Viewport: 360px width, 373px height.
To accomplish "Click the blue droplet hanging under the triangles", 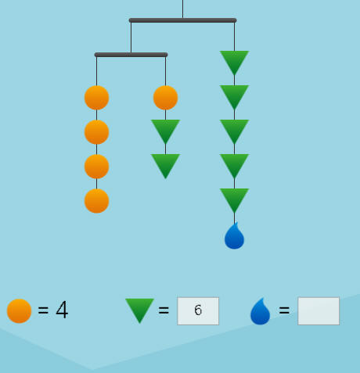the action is [234, 236].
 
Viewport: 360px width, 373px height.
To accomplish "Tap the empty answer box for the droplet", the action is [319, 311].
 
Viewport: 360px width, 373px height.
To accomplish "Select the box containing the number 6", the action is [198, 311].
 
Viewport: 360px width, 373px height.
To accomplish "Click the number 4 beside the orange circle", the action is [62, 310].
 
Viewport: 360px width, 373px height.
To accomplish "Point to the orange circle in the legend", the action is [19, 311].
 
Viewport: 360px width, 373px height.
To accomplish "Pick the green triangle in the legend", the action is [139, 310].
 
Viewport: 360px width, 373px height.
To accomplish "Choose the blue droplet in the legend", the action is [260, 311].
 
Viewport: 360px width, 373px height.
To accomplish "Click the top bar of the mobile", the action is [182, 20].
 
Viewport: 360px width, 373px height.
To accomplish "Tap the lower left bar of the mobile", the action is [131, 55].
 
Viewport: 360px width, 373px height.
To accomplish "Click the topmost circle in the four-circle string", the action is [96, 98].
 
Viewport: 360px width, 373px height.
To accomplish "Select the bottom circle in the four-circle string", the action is [96, 201].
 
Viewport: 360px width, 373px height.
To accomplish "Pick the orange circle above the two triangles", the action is [165, 98].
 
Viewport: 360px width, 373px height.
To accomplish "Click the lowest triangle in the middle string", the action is [165, 166].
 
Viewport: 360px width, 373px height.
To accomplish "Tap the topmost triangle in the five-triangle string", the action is [234, 63].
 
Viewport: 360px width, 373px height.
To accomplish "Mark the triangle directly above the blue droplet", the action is [234, 200].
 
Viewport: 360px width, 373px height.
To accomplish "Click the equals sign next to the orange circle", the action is [43, 310].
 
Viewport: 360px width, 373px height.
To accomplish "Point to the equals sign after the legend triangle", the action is [164, 310].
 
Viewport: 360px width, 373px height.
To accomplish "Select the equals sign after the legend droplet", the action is [284, 310].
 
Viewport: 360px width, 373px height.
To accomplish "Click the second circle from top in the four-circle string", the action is [96, 132].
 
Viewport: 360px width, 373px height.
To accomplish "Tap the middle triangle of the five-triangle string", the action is [234, 131].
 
